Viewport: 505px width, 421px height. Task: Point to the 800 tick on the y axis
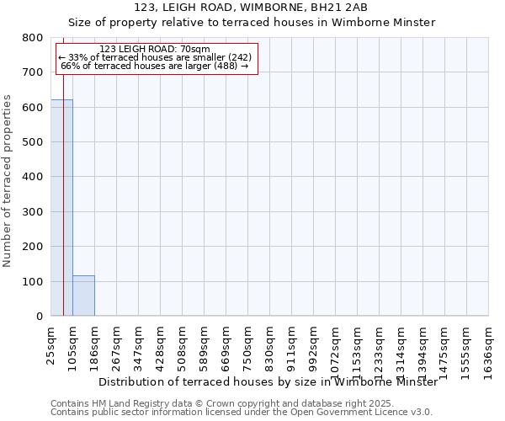(x=33, y=38)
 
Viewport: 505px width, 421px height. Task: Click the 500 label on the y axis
(x=33, y=142)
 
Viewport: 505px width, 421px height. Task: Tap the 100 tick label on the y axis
(x=33, y=281)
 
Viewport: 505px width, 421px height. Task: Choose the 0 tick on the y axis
(x=39, y=317)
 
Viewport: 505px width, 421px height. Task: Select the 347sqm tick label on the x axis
(x=139, y=345)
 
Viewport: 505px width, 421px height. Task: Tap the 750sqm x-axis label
(x=248, y=345)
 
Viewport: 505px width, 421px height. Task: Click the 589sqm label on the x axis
(x=205, y=345)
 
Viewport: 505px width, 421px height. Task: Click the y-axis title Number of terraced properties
(x=8, y=181)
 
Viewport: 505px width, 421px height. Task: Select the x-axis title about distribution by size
(x=268, y=381)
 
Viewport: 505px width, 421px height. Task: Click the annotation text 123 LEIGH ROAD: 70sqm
(x=155, y=50)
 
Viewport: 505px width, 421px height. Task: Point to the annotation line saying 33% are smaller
(x=155, y=57)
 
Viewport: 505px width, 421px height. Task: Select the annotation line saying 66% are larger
(x=155, y=66)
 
